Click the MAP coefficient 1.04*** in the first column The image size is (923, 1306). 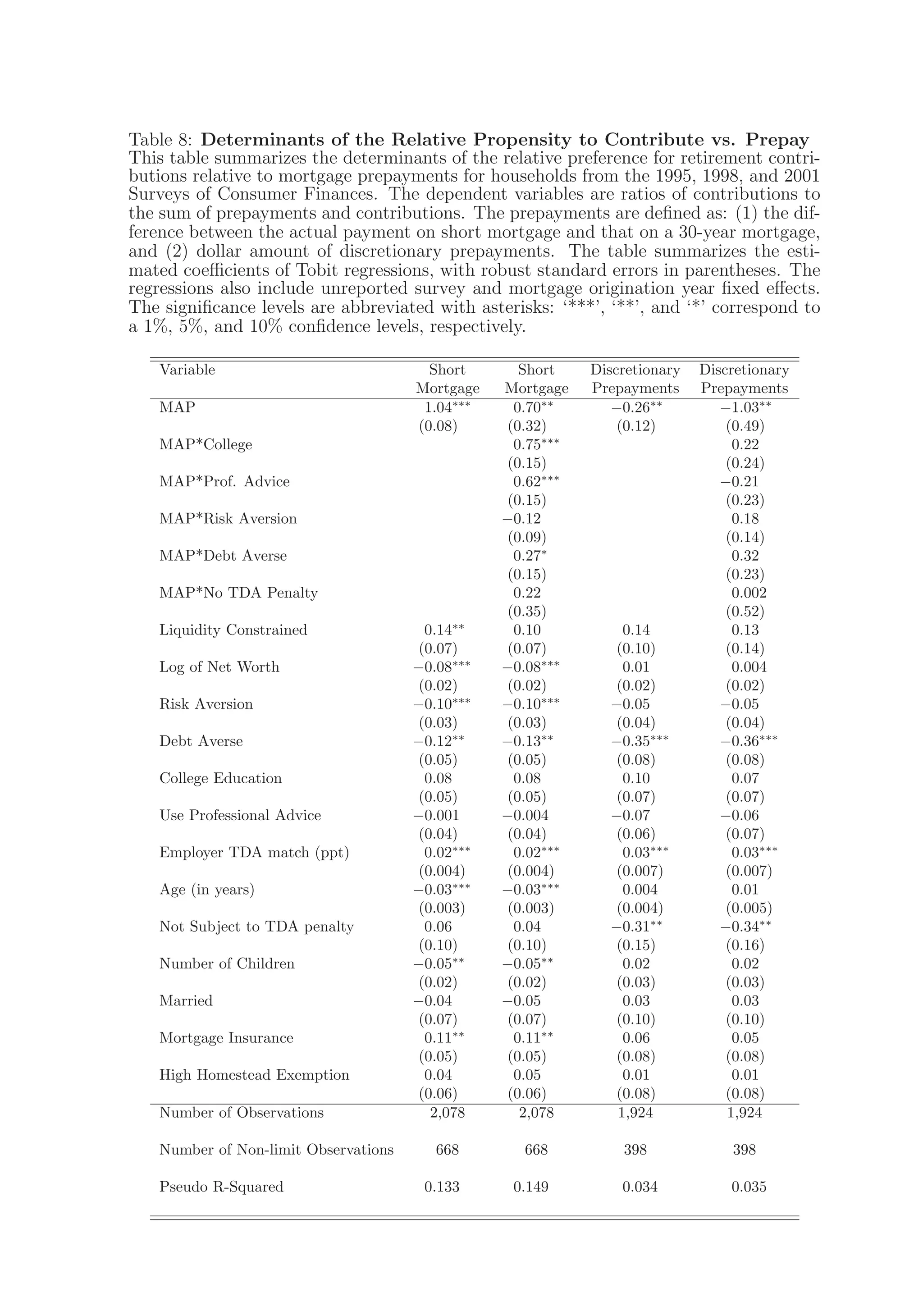(x=447, y=407)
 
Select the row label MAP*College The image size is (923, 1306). (x=206, y=444)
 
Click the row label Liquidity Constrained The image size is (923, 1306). (x=233, y=630)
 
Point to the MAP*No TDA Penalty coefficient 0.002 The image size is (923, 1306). (x=749, y=593)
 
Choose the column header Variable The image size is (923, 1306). (x=187, y=370)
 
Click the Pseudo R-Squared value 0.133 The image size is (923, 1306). (x=441, y=1187)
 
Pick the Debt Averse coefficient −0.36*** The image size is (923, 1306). (x=749, y=741)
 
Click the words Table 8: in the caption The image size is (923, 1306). (x=162, y=139)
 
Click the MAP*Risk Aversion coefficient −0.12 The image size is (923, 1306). (x=521, y=519)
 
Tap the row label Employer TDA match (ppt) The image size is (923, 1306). (x=254, y=853)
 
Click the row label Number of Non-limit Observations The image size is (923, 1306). (x=276, y=1150)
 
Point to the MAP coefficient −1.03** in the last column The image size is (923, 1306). (x=745, y=407)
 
